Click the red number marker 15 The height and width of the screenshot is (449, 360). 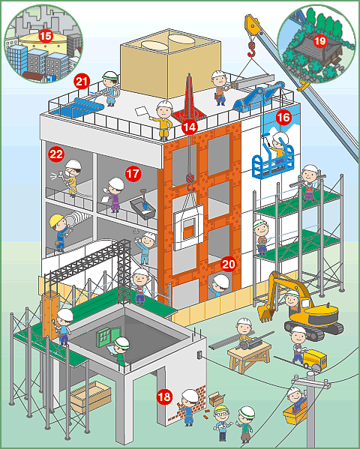45,37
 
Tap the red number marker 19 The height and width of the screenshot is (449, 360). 319,41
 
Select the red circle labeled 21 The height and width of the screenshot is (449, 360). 82,82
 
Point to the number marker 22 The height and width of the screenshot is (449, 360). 56,154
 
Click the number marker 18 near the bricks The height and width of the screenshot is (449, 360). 164,397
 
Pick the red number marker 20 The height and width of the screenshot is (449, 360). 228,265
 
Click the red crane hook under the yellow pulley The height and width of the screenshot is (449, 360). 251,49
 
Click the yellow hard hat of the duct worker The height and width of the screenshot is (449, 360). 56,220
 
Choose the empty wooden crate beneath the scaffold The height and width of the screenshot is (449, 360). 91,396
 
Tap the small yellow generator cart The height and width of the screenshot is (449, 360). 315,359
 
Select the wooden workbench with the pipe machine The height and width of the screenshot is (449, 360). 250,355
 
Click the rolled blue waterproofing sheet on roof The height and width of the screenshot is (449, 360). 88,104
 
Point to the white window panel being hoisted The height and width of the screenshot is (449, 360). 188,227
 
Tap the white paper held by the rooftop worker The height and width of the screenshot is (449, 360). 141,111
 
